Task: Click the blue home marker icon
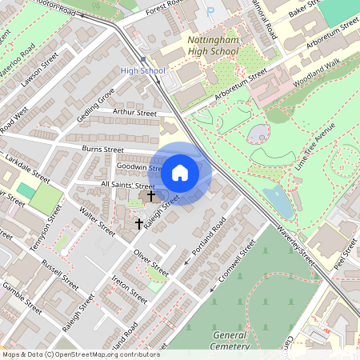coord(180,172)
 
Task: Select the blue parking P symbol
coord(210,12)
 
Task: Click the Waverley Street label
coord(297,240)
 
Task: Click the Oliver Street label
coord(151,263)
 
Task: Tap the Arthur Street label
coord(135,114)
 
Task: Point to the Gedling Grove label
coord(95,106)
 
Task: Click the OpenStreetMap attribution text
coord(80,354)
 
